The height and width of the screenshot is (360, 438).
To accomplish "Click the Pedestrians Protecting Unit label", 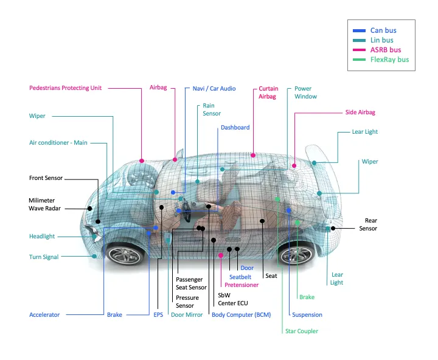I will (x=66, y=88).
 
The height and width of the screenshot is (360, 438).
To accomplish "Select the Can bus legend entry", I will (x=383, y=30).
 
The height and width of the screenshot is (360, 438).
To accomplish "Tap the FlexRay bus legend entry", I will (x=389, y=60).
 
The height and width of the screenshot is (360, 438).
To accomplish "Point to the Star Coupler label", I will (x=302, y=331).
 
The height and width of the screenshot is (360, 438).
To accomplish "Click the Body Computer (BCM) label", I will (x=241, y=315).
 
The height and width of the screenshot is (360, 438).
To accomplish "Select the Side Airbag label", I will (x=360, y=112).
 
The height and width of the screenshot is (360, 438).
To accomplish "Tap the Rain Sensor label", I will (x=212, y=109).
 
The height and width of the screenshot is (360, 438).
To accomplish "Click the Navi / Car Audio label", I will (x=214, y=88).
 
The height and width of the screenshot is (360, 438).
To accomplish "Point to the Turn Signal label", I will (x=44, y=257).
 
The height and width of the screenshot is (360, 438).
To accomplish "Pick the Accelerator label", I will (x=44, y=315).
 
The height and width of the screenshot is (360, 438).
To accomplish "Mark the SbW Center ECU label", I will (x=233, y=299).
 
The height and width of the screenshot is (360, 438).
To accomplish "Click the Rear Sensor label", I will (x=368, y=224).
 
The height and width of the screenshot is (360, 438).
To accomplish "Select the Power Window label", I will (x=305, y=92).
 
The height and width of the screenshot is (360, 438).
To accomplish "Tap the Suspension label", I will (x=307, y=315).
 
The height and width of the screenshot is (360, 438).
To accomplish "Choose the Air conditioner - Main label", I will (x=58, y=143).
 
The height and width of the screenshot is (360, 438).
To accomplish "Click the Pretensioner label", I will (x=242, y=285).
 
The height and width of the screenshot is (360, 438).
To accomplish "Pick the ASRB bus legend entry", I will (x=385, y=50).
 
